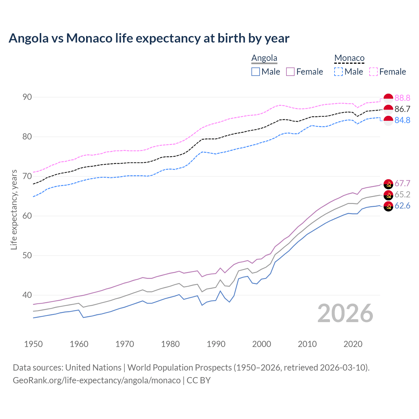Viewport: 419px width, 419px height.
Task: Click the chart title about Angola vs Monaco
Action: (x=149, y=38)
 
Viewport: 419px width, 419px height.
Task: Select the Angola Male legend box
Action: (x=256, y=72)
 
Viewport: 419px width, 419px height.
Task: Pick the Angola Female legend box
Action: (x=290, y=72)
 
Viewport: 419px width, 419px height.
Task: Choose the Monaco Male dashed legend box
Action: (x=338, y=72)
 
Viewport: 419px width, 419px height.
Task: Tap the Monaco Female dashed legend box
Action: (x=373, y=72)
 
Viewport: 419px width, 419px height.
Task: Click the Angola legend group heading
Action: (x=264, y=58)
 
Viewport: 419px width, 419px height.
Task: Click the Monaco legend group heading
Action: (x=349, y=58)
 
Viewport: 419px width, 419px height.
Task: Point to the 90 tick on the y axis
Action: (x=27, y=97)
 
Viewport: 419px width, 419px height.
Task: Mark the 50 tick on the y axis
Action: (x=27, y=255)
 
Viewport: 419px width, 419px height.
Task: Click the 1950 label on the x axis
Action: (x=33, y=344)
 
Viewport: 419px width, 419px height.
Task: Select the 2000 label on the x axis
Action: (x=262, y=344)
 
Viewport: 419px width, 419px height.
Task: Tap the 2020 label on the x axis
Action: (x=353, y=344)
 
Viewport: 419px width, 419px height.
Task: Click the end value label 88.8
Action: (x=402, y=98)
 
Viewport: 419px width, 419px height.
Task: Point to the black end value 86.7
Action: (x=402, y=109)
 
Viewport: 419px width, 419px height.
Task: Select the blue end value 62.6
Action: (x=402, y=206)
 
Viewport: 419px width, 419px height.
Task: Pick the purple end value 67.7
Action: (x=402, y=183)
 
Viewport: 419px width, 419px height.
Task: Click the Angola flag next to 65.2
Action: (x=388, y=195)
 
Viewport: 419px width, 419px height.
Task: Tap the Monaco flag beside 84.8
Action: (x=388, y=120)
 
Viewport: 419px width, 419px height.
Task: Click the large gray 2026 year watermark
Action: (x=345, y=314)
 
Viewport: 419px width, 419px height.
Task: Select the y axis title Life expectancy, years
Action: (x=14, y=209)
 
